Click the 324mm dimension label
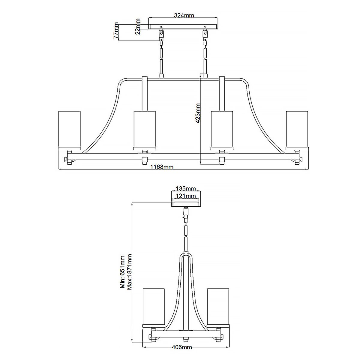[x=184, y=16]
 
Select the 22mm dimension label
[x=138, y=26]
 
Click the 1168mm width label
[x=162, y=167]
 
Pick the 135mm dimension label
[x=185, y=188]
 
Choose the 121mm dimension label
[x=185, y=196]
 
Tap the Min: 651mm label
[x=122, y=272]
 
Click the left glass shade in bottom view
[x=154, y=306]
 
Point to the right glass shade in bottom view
[x=218, y=306]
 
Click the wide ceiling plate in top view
[x=184, y=26]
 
